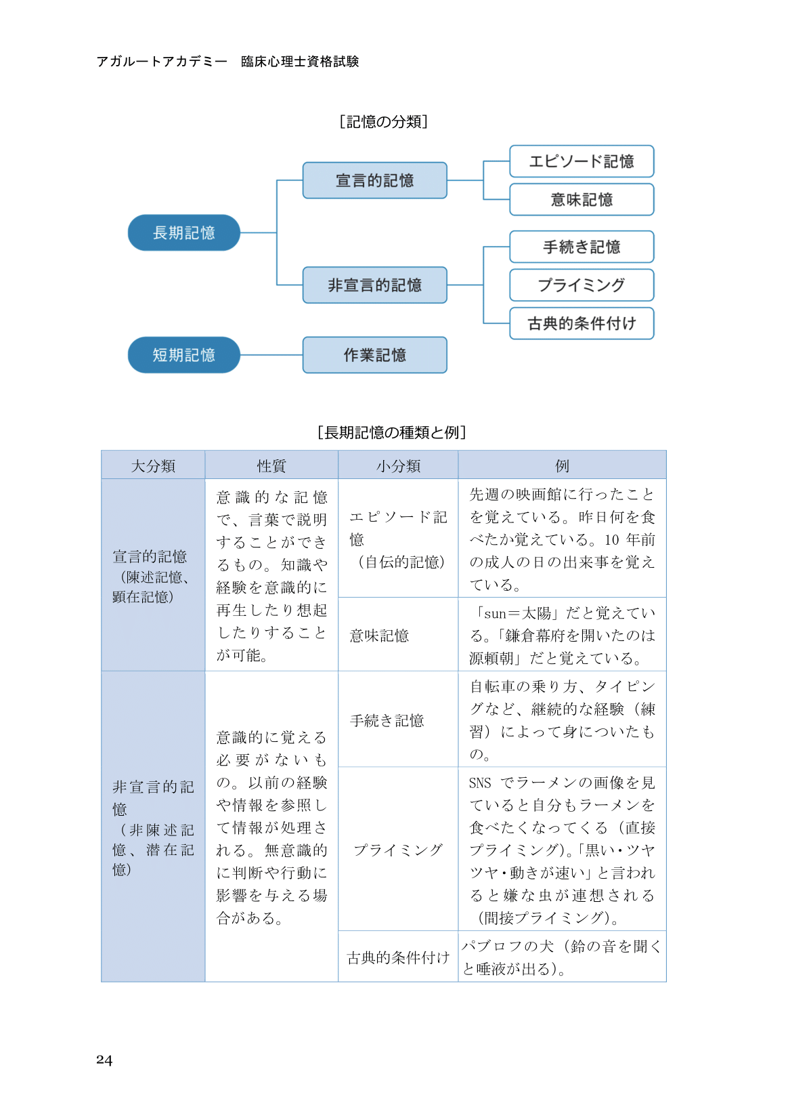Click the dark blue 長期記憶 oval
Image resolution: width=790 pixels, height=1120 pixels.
click(x=184, y=233)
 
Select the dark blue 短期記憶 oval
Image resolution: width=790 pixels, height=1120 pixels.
click(x=184, y=355)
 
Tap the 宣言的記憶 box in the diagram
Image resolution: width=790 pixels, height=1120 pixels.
click(x=375, y=181)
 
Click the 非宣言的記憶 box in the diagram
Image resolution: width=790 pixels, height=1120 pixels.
click(x=375, y=285)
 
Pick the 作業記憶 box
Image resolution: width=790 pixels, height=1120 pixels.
click(x=375, y=355)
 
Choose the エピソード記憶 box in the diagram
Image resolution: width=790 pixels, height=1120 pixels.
click(x=581, y=162)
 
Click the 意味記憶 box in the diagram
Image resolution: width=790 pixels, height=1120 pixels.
click(x=581, y=200)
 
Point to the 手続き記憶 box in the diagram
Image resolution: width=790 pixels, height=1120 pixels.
click(x=581, y=247)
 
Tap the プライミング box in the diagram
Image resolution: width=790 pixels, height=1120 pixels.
click(x=581, y=285)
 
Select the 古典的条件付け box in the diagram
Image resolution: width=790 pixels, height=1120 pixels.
click(x=581, y=324)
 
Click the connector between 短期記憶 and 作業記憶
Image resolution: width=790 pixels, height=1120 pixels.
click(x=271, y=355)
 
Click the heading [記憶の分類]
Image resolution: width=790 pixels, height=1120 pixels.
click(x=384, y=122)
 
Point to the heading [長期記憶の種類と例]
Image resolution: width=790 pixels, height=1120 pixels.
click(x=392, y=432)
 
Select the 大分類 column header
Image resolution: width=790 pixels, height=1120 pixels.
click(x=153, y=466)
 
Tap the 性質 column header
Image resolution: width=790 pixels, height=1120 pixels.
click(x=271, y=466)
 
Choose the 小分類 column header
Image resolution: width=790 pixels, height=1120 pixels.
click(x=398, y=466)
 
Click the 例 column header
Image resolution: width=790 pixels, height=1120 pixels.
click(x=562, y=466)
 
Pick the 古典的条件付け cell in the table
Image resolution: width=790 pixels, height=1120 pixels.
click(x=398, y=957)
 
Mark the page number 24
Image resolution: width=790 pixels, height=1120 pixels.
click(x=104, y=1060)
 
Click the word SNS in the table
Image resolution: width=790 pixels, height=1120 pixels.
click(x=480, y=783)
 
